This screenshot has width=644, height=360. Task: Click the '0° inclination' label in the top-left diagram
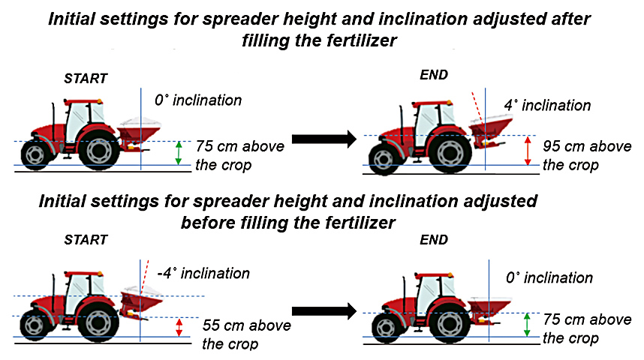198,100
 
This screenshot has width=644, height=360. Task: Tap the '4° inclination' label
547,106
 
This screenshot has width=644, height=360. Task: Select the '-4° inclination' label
203,274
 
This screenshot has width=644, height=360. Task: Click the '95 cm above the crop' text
587,155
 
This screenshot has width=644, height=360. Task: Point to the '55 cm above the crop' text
246,334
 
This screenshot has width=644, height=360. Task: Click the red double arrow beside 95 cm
528,151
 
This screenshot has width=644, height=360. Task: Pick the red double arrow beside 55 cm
179,328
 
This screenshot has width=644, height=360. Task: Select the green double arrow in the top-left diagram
178,153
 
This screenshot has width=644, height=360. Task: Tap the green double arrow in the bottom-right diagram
527,325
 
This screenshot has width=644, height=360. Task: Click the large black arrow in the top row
324,139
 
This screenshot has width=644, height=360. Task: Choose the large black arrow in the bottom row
324,310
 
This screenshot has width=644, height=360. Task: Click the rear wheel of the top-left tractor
99,151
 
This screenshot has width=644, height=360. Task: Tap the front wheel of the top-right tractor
384,158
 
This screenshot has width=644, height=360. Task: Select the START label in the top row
86,79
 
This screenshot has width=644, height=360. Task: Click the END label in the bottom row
434,240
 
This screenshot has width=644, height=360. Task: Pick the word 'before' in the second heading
208,223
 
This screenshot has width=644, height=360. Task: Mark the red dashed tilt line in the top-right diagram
477,107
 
